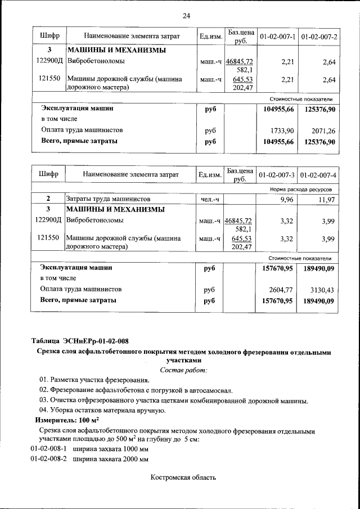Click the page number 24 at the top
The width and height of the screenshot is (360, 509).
coord(186,15)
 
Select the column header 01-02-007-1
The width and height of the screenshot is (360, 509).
coord(277,37)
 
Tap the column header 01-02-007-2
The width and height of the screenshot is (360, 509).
coord(319,37)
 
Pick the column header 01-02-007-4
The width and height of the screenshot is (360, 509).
coord(318,175)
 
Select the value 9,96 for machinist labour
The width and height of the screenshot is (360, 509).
coord(287,199)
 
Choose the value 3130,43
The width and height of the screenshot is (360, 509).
coord(323,290)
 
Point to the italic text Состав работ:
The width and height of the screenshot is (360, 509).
coord(183,370)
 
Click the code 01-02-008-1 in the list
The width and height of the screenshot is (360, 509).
coord(48,449)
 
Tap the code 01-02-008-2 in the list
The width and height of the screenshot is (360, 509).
coord(48,459)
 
